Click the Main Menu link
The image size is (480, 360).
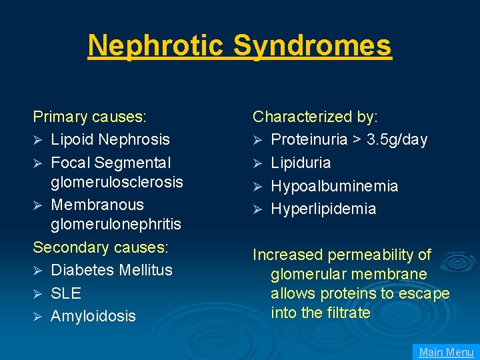(x=446, y=352)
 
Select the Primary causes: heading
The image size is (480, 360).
(x=89, y=117)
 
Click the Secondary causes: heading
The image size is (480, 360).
(x=101, y=247)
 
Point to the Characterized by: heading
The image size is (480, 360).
(x=315, y=117)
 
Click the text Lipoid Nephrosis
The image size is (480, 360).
(x=110, y=139)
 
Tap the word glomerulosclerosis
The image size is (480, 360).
(x=117, y=181)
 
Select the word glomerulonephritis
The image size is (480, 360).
(x=116, y=225)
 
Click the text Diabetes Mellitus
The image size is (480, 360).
(x=111, y=270)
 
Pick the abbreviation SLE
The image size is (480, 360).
(x=66, y=293)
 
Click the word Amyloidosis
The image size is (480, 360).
(x=93, y=316)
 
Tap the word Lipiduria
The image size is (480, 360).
(x=301, y=163)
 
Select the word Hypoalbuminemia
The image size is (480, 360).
(x=335, y=186)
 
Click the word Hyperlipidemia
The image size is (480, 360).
(x=323, y=209)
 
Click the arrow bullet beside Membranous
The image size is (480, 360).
(x=39, y=205)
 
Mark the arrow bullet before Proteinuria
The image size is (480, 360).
(x=258, y=140)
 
